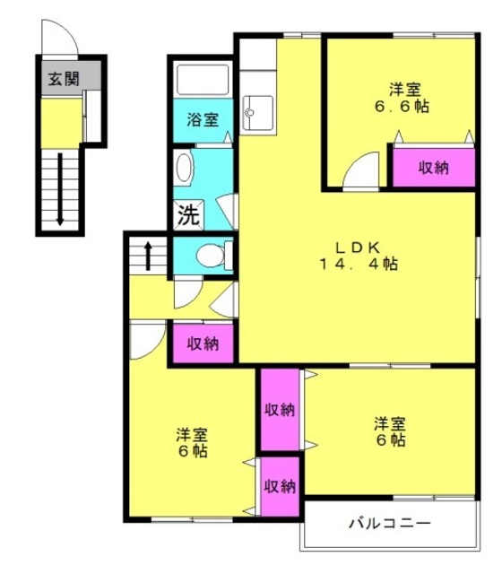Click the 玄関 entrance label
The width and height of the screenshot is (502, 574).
click(64, 79)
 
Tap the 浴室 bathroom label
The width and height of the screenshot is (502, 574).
click(203, 119)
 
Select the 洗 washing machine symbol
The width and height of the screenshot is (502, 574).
click(188, 215)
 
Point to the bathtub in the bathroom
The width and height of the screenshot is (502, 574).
click(203, 80)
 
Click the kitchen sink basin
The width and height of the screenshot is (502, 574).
click(258, 112)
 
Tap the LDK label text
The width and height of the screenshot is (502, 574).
click(358, 248)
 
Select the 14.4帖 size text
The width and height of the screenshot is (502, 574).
click(359, 264)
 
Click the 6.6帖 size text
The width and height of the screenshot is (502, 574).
click(402, 106)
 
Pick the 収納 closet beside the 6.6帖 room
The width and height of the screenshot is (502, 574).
click(434, 168)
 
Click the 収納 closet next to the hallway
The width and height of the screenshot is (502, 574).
click(203, 344)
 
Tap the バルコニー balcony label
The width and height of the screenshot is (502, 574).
click(390, 524)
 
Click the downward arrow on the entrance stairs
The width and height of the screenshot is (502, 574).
click(60, 189)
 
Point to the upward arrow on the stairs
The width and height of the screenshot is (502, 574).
click(148, 256)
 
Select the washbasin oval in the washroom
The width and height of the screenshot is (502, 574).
click(184, 168)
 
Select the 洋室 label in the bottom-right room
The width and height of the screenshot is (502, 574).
click(390, 424)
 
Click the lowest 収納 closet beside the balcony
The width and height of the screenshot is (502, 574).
click(281, 486)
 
